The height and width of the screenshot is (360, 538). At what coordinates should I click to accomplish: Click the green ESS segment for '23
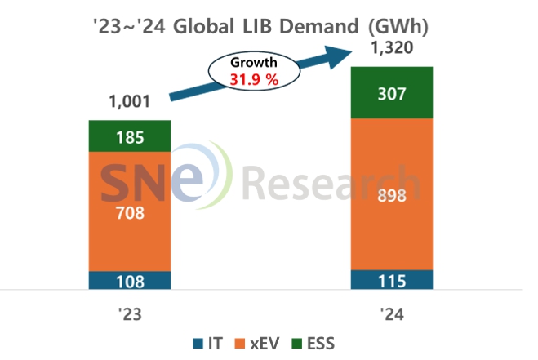[x=130, y=136]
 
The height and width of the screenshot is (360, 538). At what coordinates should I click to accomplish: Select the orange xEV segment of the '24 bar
[x=392, y=194]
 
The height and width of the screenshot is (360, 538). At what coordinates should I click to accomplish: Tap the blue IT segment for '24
[x=392, y=280]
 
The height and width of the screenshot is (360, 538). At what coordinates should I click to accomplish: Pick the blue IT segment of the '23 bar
[x=130, y=280]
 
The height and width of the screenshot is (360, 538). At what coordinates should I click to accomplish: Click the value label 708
[x=130, y=213]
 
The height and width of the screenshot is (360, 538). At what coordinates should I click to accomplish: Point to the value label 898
[x=392, y=196]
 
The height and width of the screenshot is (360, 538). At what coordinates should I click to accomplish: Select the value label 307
[x=392, y=94]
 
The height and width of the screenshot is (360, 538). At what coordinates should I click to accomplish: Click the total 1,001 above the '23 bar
[x=129, y=101]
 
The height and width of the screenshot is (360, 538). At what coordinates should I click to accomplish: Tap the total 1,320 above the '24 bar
[x=392, y=47]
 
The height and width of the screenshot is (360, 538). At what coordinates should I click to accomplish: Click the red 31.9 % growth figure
[x=254, y=80]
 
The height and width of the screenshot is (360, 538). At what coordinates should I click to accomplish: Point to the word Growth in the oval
[x=254, y=63]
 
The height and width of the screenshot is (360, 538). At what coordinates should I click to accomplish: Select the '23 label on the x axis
[x=130, y=314]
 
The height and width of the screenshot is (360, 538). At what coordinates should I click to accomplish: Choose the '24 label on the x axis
[x=392, y=314]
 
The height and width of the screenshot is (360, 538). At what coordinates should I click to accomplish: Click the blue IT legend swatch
[x=198, y=344]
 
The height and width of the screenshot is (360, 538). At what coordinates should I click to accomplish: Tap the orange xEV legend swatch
[x=240, y=344]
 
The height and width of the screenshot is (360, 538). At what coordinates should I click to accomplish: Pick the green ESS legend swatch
[x=296, y=344]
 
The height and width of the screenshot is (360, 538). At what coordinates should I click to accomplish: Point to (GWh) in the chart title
[x=398, y=27]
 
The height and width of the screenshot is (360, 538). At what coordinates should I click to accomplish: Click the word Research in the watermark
[x=331, y=182]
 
